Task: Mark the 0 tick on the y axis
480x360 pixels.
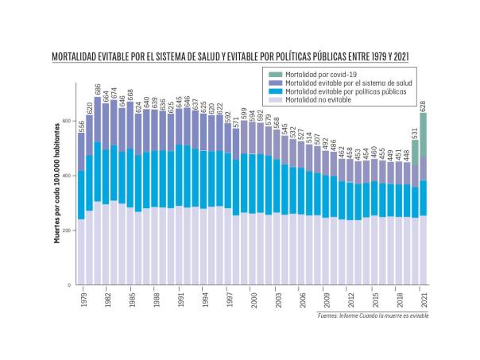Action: pyautogui.click(x=72, y=285)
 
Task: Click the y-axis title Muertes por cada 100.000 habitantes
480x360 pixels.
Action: pyautogui.click(x=58, y=199)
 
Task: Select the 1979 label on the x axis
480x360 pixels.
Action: pyautogui.click(x=83, y=300)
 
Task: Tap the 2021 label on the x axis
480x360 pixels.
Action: pyautogui.click(x=424, y=300)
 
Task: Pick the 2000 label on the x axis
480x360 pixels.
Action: pyautogui.click(x=254, y=300)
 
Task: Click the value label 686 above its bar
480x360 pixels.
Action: pyautogui.click(x=98, y=90)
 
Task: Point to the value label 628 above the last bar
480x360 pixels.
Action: pyautogui.click(x=424, y=106)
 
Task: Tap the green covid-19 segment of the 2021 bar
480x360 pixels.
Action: pyautogui.click(x=424, y=134)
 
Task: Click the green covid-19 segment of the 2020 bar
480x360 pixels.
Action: pyautogui.click(x=416, y=152)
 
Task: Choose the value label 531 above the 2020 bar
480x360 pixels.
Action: pyautogui.click(x=416, y=132)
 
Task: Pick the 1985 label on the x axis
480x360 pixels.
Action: pyautogui.click(x=131, y=300)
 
